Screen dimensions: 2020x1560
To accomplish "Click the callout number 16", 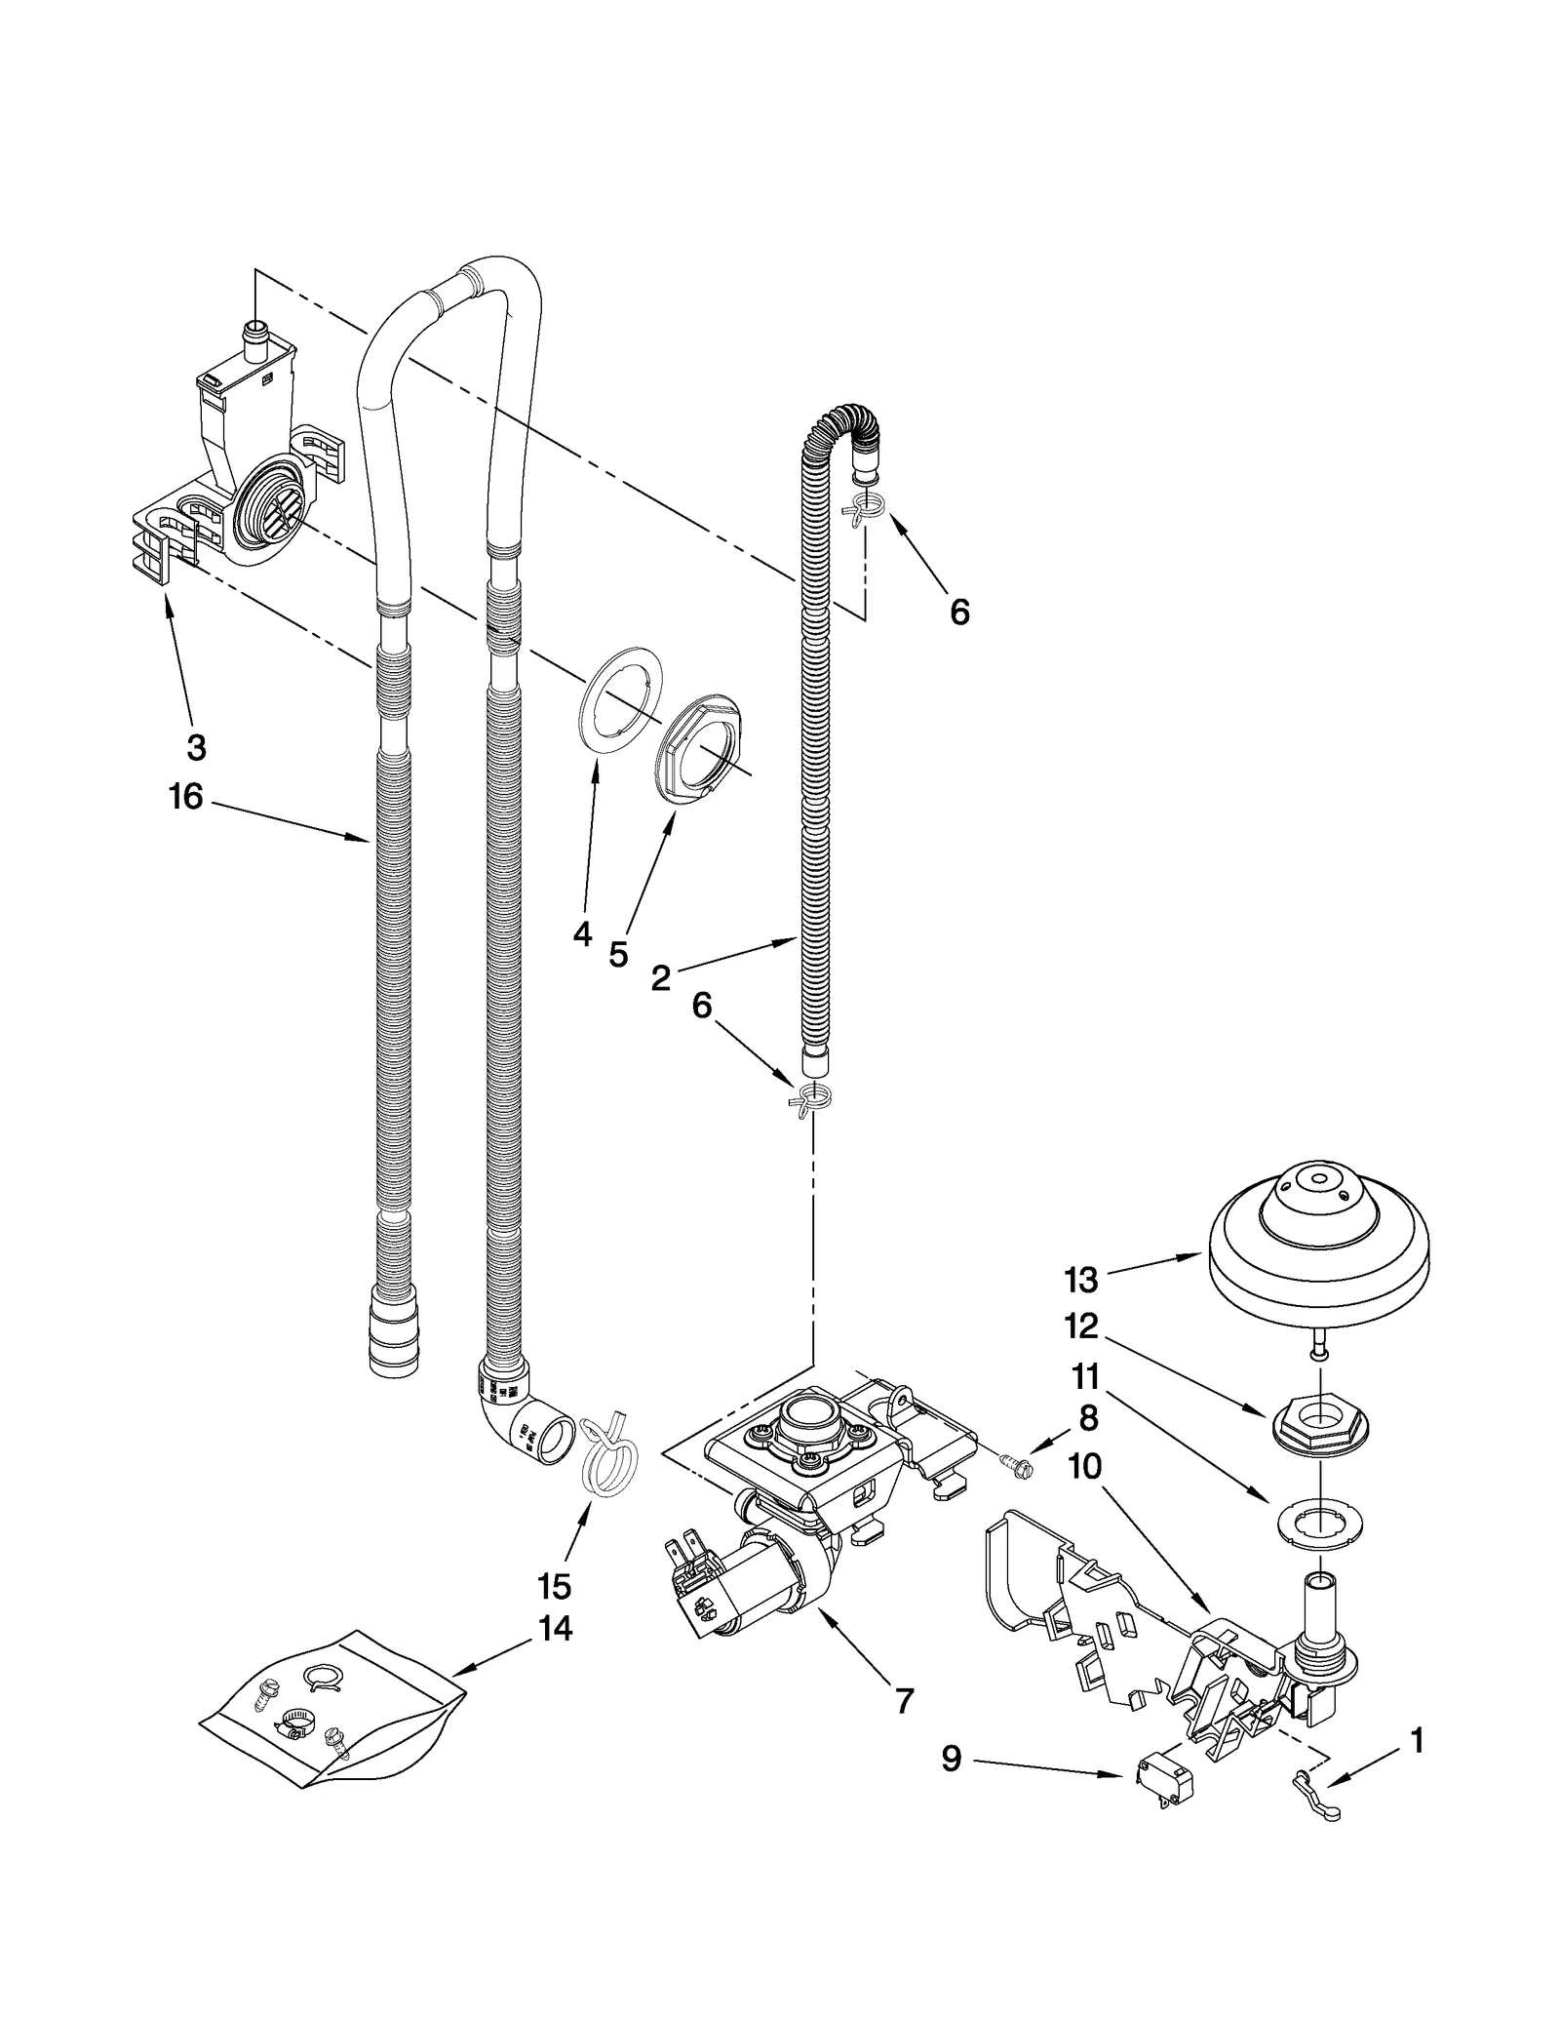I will pyautogui.click(x=185, y=797).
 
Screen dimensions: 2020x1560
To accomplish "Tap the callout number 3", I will pyautogui.click(x=196, y=748).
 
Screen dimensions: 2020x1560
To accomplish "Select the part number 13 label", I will pyautogui.click(x=1081, y=1279).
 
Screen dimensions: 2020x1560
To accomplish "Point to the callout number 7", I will pyautogui.click(x=904, y=1701).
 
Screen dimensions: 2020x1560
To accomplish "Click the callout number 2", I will pyautogui.click(x=662, y=977).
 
